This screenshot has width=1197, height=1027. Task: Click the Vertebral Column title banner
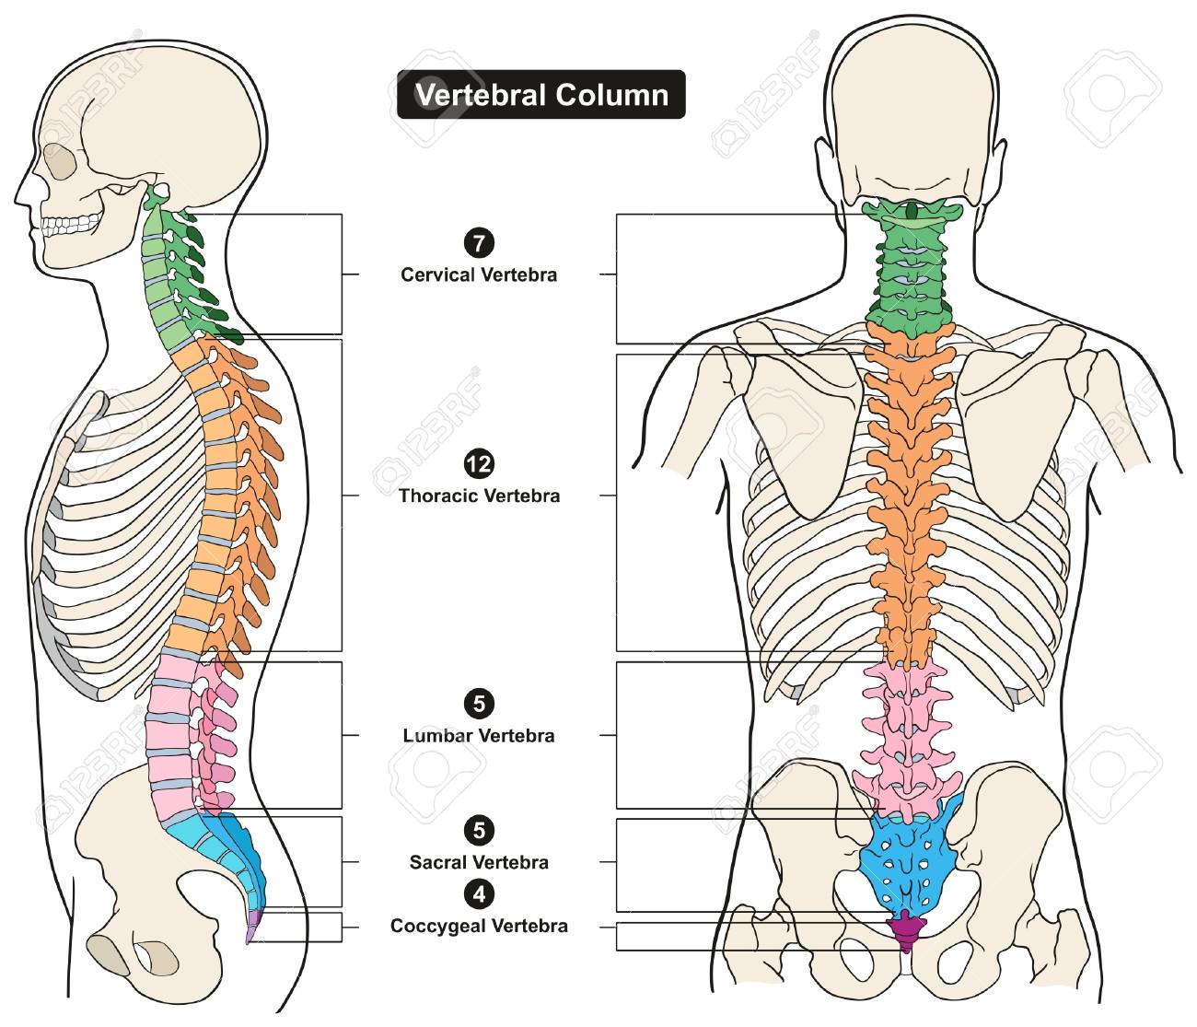coord(540,95)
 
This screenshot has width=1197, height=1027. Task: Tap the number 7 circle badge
coord(479,242)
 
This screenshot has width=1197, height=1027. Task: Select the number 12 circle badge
coord(479,464)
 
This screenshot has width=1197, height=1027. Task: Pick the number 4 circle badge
coord(479,894)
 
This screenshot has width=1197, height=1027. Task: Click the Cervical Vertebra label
coord(479,274)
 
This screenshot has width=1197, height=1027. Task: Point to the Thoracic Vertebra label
coord(480,496)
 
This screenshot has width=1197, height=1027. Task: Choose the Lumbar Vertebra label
coord(479,736)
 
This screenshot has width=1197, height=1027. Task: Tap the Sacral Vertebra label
coord(479,862)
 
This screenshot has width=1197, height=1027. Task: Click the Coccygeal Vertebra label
coord(479,926)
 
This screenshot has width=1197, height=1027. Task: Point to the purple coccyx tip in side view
coord(252,926)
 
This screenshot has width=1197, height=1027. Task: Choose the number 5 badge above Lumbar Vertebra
coord(479,704)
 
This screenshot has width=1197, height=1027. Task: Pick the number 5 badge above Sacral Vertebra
coord(479,830)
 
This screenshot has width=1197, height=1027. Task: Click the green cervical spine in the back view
coord(909,266)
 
